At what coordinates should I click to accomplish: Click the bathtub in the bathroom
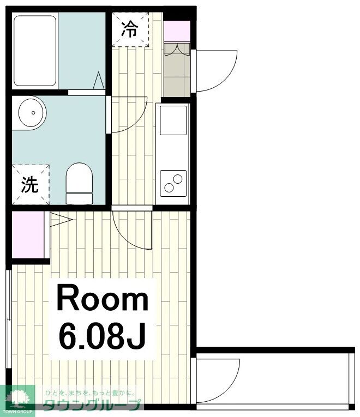pyautogui.click(x=35, y=51)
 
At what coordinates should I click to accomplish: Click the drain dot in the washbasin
pyautogui.click(x=33, y=113)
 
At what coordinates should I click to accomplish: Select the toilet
pyautogui.click(x=79, y=184)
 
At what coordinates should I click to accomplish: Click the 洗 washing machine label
pyautogui.click(x=30, y=185)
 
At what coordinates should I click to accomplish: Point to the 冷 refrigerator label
pyautogui.click(x=130, y=29)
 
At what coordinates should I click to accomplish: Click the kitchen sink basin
pyautogui.click(x=173, y=120)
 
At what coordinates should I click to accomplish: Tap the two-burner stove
pyautogui.click(x=173, y=183)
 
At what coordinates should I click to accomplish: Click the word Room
pyautogui.click(x=103, y=298)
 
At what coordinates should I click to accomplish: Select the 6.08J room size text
pyautogui.click(x=103, y=336)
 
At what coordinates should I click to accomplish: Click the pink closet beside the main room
pyautogui.click(x=28, y=234)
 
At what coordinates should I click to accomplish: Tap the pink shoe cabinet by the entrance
pyautogui.click(x=177, y=31)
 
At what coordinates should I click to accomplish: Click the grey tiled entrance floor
pyautogui.click(x=177, y=70)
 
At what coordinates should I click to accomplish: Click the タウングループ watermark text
pyautogui.click(x=92, y=406)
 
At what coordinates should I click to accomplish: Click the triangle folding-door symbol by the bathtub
pyautogui.click(x=98, y=81)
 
